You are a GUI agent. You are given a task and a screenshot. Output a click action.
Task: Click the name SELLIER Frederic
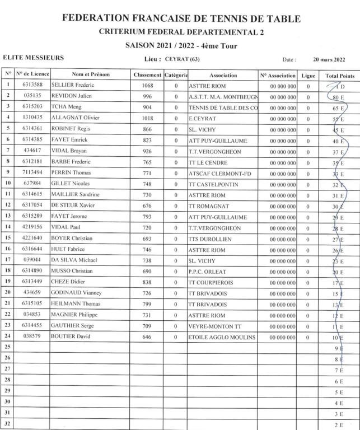[x=73, y=85]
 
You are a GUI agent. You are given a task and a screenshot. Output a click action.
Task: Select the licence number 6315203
[x=32, y=107]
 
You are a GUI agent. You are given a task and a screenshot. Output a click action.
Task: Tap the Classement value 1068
[x=147, y=85]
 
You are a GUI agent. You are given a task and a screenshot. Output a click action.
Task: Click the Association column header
[x=223, y=75]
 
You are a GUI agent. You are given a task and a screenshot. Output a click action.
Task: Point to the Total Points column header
[x=339, y=75]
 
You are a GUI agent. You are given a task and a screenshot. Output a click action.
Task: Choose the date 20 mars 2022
[x=329, y=59]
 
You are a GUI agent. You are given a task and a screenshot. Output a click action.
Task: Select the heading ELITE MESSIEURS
[x=34, y=58]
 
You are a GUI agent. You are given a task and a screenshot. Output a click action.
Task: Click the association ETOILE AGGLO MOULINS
[x=222, y=337]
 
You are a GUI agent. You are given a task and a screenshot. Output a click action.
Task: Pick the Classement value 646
[x=147, y=337]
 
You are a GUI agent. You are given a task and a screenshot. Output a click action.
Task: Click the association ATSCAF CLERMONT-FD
[x=220, y=173]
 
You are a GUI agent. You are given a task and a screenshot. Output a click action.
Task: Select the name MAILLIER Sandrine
[x=75, y=194]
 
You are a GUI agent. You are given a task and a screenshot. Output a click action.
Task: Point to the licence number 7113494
[x=32, y=173]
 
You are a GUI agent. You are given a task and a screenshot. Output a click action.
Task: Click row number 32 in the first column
[x=8, y=424]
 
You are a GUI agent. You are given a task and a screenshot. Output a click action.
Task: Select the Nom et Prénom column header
[x=91, y=75]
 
